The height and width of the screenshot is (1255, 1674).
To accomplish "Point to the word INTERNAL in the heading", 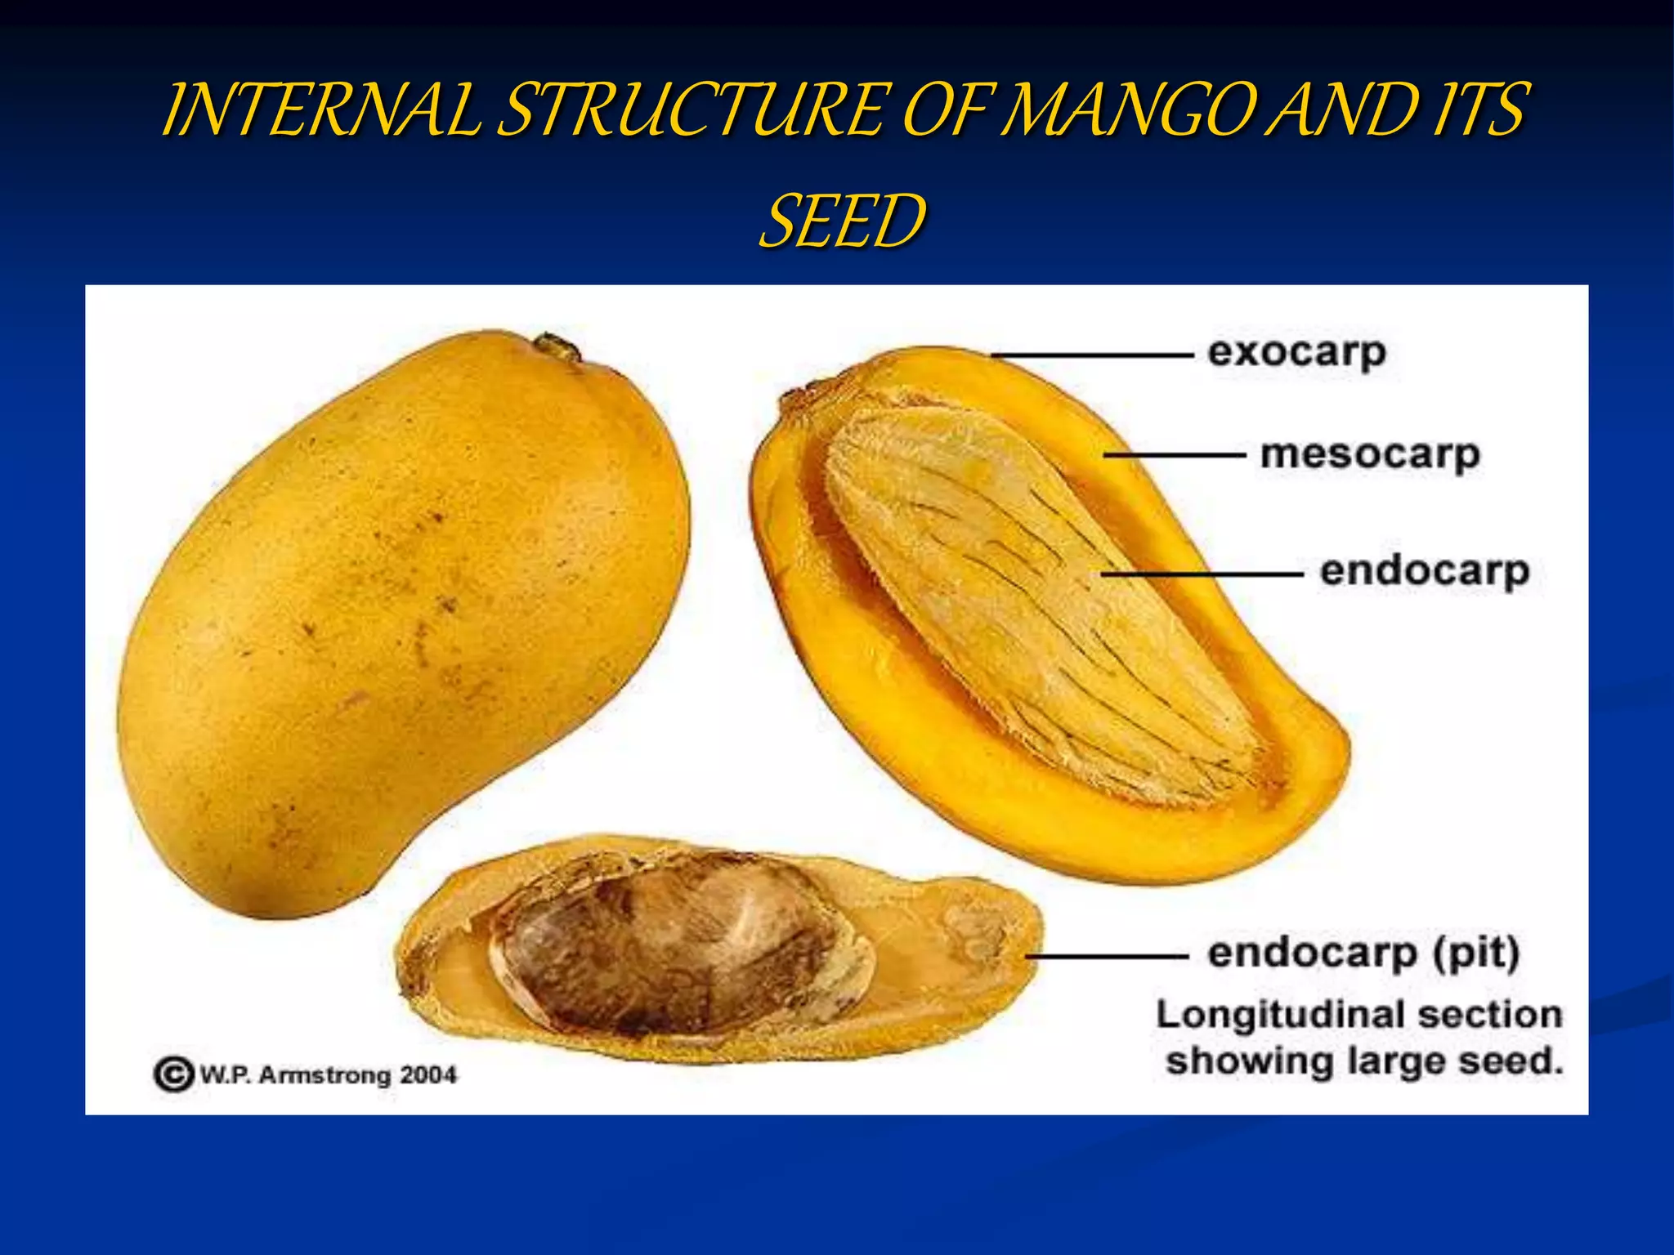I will tap(323, 110).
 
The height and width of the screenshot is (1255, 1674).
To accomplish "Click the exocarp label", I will tap(1296, 354).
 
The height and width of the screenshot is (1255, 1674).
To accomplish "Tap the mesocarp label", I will tap(1370, 455).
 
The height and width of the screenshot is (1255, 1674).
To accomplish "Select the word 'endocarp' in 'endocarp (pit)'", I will tap(1311, 954).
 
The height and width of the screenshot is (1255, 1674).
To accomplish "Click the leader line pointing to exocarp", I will tap(1092, 355).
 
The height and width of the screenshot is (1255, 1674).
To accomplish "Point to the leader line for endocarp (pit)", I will tap(1107, 955).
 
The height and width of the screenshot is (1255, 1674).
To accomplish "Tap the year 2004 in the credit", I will tap(427, 1074).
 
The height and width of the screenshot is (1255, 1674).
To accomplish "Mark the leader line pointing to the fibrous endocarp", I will tap(1202, 574).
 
